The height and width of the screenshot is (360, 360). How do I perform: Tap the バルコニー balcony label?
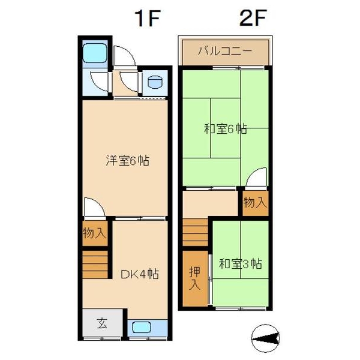(x=225, y=52)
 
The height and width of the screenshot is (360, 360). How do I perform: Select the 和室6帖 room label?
(x=225, y=128)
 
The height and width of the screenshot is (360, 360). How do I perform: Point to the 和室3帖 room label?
(x=241, y=263)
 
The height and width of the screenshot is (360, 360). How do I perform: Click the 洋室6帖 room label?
(x=127, y=161)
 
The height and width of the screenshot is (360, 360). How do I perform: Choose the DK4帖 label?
(x=140, y=274)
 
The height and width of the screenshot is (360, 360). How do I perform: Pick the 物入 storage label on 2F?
(x=255, y=203)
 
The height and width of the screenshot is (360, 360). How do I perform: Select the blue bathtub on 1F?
(x=94, y=55)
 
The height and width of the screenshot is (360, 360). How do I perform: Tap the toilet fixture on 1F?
(x=154, y=83)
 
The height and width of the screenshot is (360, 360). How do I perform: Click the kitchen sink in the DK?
(x=141, y=328)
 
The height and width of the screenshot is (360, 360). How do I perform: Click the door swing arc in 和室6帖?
(x=256, y=179)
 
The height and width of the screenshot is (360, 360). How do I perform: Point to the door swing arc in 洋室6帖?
(x=94, y=208)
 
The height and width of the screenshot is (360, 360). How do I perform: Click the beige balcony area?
(x=225, y=52)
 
